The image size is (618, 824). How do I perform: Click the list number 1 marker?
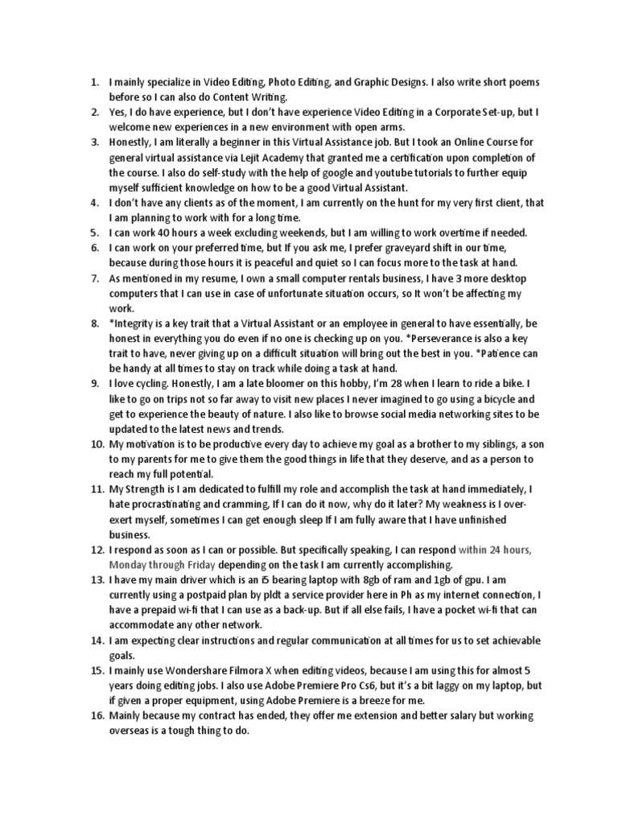(x=93, y=81)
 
